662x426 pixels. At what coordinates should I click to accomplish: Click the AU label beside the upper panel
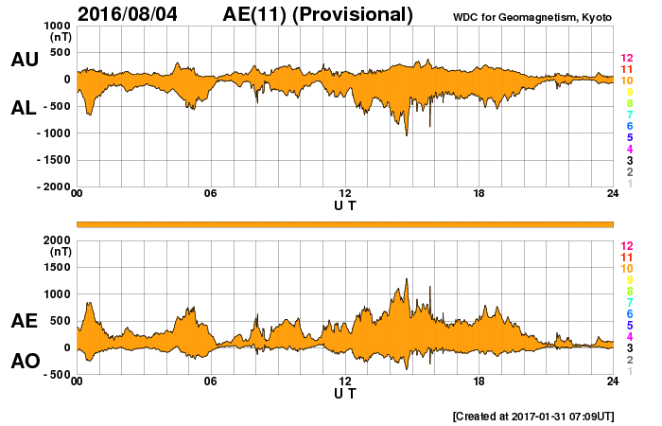pos(24,60)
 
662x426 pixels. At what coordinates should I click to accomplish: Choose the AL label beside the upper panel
pos(24,108)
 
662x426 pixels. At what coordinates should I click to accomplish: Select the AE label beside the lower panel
pos(24,322)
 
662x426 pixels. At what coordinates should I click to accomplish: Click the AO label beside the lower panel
pos(24,362)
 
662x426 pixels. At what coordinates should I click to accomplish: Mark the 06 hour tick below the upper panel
pos(211,194)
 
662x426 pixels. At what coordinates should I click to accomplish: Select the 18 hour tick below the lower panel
pos(479,382)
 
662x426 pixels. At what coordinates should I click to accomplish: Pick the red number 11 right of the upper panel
pos(626,70)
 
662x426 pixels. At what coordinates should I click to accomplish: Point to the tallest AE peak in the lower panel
pos(407,279)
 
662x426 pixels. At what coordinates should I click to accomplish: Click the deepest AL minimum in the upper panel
pos(407,135)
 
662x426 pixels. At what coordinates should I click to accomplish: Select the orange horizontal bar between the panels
pos(345,223)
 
